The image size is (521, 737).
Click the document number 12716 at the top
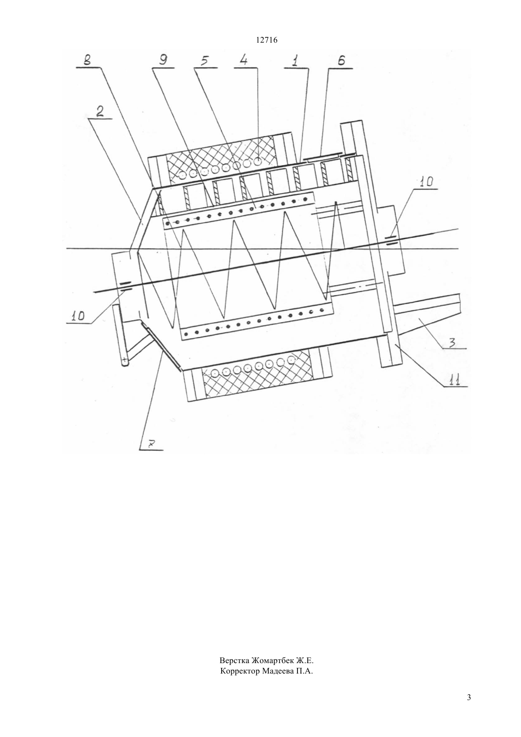(266, 40)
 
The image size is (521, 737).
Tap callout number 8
(88, 61)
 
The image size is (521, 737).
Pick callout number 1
(296, 61)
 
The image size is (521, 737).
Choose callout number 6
(342, 61)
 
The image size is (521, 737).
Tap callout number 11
(455, 380)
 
